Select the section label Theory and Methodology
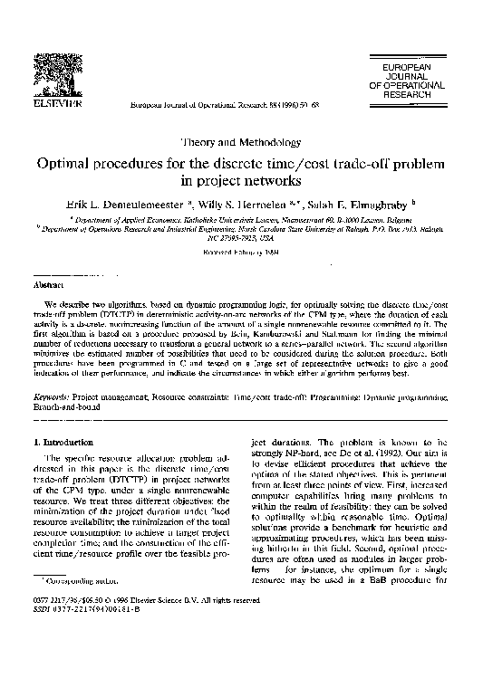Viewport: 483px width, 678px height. [x=241, y=142]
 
